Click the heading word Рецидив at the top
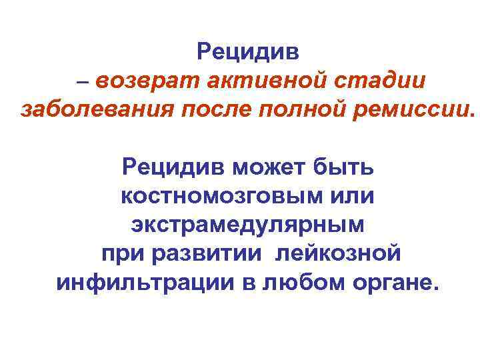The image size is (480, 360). pyautogui.click(x=249, y=51)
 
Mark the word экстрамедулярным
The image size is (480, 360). pyautogui.click(x=247, y=225)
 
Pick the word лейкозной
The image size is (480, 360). pyautogui.click(x=338, y=254)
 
